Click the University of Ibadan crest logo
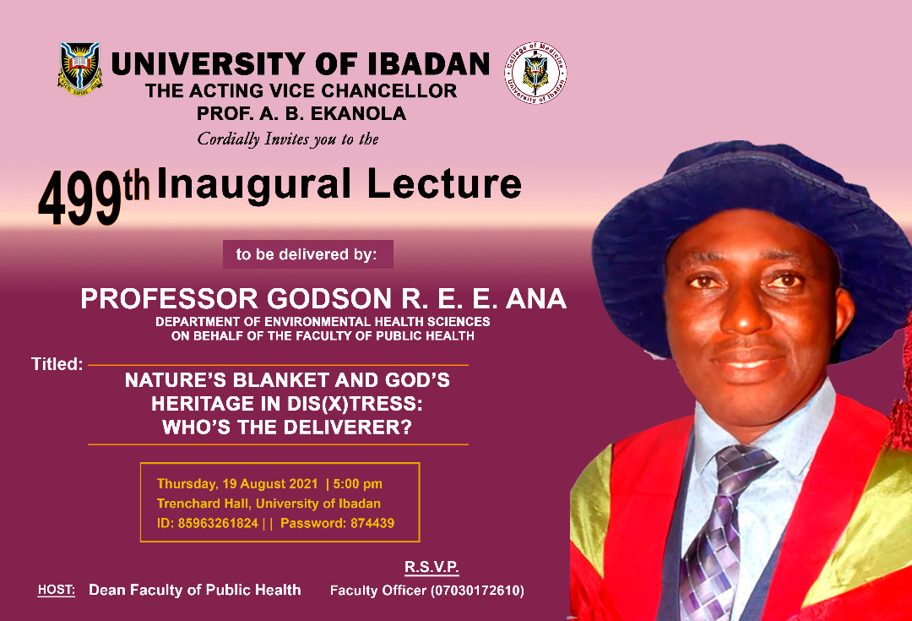tap(80, 68)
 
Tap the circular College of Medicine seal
tap(535, 73)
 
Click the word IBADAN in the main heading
tap(429, 64)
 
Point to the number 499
tap(80, 198)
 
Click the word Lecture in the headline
tap(444, 184)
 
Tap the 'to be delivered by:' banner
tap(307, 254)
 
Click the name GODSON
tap(329, 298)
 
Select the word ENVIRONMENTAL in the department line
tap(318, 321)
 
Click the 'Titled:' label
tap(57, 364)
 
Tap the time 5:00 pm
tap(358, 484)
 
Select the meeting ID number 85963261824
tap(218, 523)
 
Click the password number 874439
tap(372, 523)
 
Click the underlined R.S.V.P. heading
tap(432, 567)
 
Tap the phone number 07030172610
tap(477, 590)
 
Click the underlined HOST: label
tap(57, 590)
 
